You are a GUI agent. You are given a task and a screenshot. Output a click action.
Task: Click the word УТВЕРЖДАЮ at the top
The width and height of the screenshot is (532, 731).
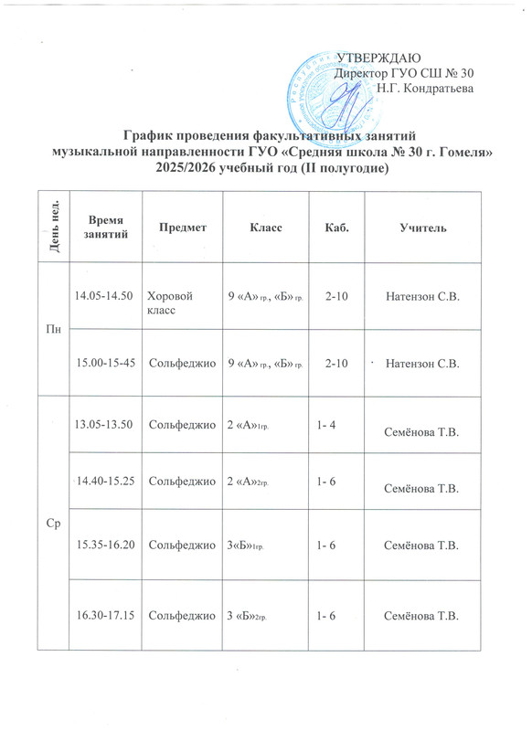tap(376, 58)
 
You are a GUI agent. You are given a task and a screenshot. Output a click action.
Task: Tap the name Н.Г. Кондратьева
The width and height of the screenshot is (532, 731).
tap(425, 89)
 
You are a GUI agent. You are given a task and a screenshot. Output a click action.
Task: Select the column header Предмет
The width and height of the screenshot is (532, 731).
tap(184, 227)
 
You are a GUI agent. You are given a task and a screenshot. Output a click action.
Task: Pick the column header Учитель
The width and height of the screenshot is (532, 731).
tap(421, 227)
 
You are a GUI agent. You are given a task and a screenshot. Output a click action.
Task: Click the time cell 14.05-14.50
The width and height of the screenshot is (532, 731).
tap(105, 296)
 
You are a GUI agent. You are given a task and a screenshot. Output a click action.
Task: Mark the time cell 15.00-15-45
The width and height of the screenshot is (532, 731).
tap(105, 363)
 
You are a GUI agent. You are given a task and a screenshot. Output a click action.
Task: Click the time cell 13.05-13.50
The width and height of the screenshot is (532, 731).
tap(105, 424)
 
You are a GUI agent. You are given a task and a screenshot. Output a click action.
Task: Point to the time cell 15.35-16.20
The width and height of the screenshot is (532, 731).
tap(105, 544)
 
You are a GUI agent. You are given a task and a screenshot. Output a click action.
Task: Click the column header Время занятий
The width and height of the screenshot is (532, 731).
tap(108, 227)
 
